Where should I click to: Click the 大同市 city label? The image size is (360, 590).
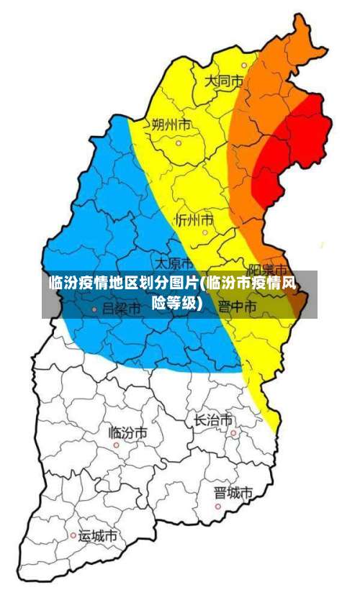224,81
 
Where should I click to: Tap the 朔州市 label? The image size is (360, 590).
171,124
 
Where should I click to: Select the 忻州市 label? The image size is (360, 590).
194,218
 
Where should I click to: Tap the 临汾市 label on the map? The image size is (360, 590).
128,432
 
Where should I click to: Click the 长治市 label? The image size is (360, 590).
213,419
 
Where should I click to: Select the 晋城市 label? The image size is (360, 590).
233,493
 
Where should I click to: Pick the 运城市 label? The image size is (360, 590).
98,536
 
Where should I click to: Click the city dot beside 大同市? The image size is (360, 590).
243,65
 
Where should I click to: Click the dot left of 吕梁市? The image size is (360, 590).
94,309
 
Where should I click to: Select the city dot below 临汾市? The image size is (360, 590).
117,445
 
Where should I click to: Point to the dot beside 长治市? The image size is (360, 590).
234,432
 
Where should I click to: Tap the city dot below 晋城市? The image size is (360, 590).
218,507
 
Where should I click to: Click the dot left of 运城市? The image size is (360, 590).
73,535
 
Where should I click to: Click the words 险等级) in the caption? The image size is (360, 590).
176,302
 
